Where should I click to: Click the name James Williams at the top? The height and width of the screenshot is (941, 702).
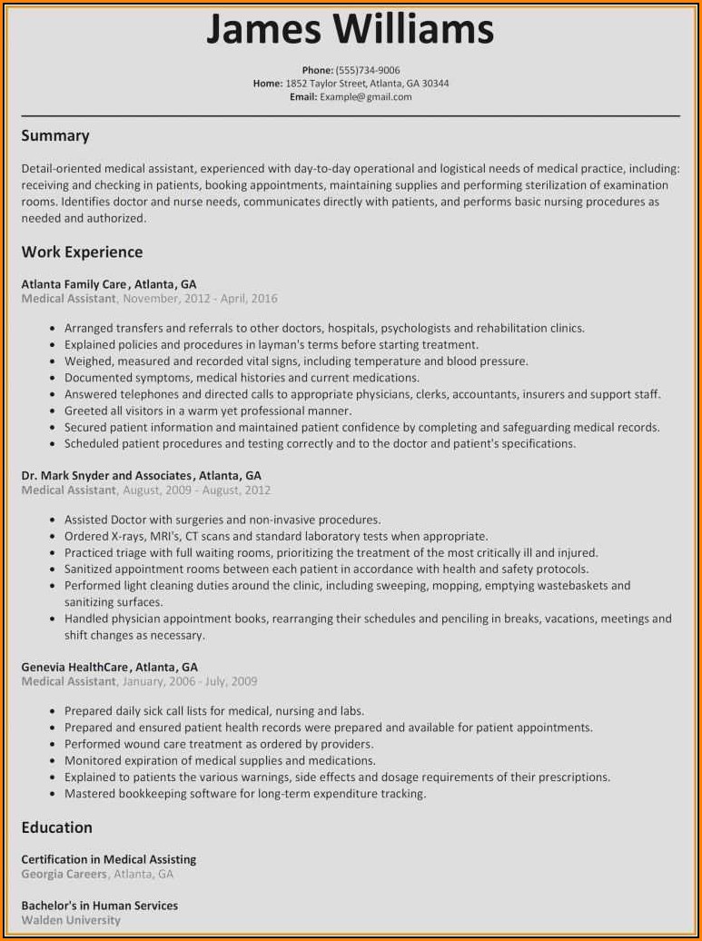(x=351, y=29)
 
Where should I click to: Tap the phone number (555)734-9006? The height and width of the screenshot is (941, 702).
(x=368, y=70)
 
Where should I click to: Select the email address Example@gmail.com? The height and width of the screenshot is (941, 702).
(x=365, y=96)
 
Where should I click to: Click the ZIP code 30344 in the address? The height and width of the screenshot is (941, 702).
(x=433, y=84)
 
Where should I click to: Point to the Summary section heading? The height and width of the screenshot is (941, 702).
(x=55, y=135)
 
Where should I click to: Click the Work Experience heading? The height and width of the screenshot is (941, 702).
(x=82, y=252)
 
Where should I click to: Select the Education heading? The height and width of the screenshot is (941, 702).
(x=56, y=827)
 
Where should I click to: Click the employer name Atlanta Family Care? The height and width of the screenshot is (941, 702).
(x=74, y=284)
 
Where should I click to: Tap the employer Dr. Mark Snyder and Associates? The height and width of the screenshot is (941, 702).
(x=106, y=475)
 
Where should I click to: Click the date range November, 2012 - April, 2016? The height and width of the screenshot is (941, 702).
(x=200, y=299)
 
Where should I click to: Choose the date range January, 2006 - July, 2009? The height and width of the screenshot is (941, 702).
(x=190, y=681)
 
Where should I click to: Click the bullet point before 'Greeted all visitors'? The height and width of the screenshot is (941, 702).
(x=55, y=411)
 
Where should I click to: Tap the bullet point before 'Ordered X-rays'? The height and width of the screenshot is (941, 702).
(x=55, y=537)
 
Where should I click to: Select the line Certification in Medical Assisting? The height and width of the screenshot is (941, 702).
(x=108, y=859)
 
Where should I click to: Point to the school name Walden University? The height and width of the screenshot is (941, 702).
(x=71, y=921)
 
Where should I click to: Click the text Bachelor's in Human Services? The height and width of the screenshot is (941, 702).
(x=99, y=906)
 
